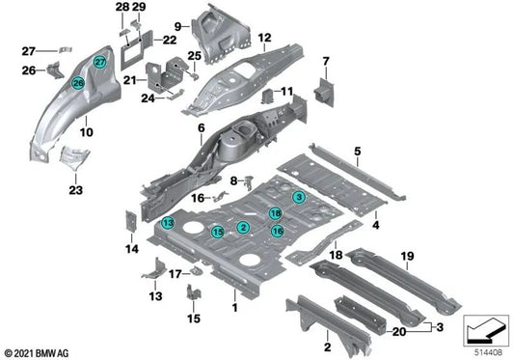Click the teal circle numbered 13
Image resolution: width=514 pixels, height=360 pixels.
click(142, 223)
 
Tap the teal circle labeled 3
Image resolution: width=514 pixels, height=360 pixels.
click(300, 197)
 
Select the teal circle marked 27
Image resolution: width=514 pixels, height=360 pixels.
click(98, 62)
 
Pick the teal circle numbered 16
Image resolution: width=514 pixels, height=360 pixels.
click(277, 231)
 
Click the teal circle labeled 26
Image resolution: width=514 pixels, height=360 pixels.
click(78, 84)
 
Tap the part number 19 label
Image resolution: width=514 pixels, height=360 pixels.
click(407, 256)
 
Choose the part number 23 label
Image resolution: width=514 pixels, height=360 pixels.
click(75, 191)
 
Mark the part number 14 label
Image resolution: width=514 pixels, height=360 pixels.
click(132, 249)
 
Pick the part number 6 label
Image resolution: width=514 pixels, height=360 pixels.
click(202, 128)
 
